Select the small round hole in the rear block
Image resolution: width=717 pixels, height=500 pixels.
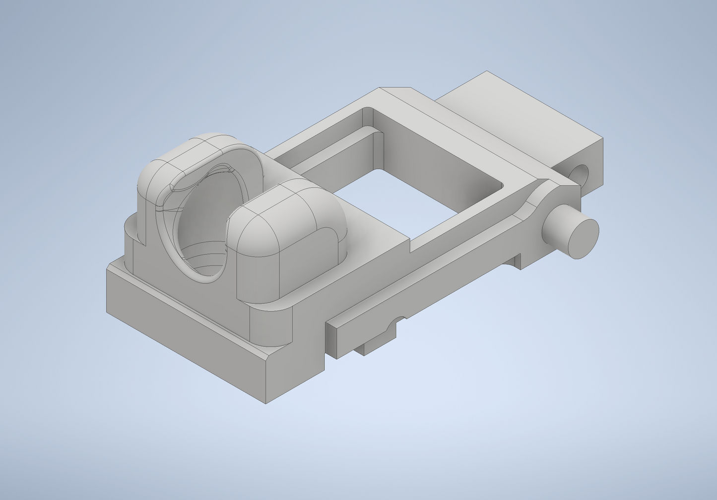click(x=581, y=174)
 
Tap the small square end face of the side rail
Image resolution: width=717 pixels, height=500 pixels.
click(x=331, y=340)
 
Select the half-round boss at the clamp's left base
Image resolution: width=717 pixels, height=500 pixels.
click(x=130, y=233)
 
